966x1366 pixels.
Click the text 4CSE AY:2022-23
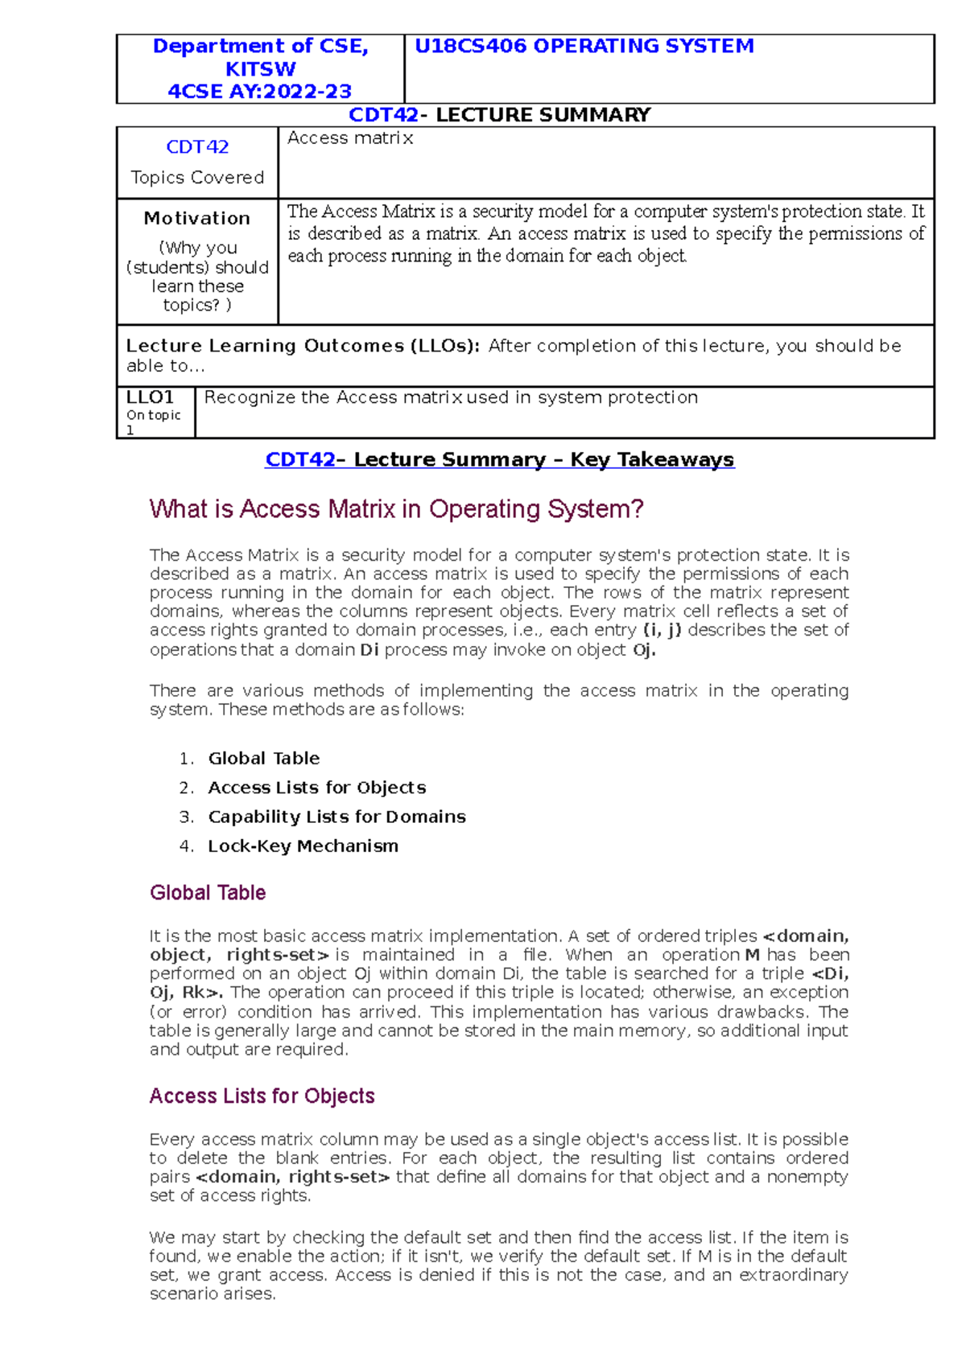[x=259, y=92]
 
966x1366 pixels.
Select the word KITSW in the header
[x=260, y=69]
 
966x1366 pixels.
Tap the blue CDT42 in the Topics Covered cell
[x=197, y=147]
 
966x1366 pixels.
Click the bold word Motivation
[x=197, y=218]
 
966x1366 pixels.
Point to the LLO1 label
[x=151, y=397]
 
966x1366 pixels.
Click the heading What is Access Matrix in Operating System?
[x=396, y=509]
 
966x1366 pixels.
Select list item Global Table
[x=264, y=759]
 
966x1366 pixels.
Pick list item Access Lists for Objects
[x=317, y=788]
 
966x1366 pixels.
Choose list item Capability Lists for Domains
[x=336, y=817]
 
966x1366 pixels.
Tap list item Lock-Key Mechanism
[x=303, y=846]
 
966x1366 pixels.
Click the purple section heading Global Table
[x=208, y=893]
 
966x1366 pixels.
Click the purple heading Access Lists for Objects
[x=262, y=1097]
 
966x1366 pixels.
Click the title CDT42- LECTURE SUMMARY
[x=499, y=115]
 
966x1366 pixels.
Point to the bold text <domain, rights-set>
[x=293, y=1177]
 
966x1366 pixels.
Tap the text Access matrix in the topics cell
[x=350, y=138]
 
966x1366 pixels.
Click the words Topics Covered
[x=197, y=178]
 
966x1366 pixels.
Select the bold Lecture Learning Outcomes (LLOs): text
[x=303, y=346]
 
